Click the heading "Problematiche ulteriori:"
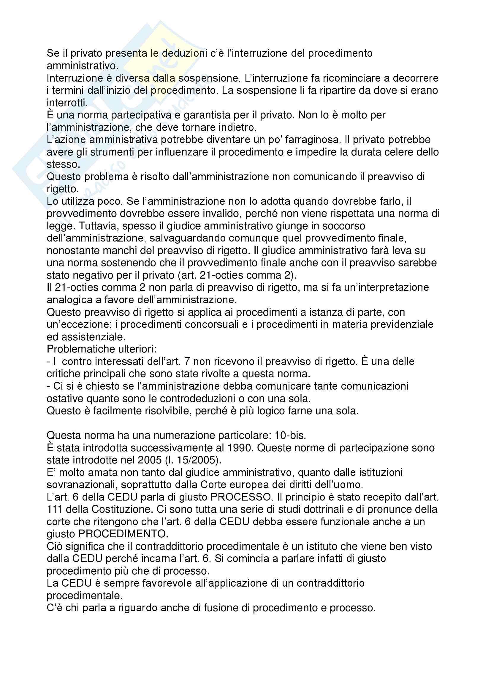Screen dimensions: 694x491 (102, 349)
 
